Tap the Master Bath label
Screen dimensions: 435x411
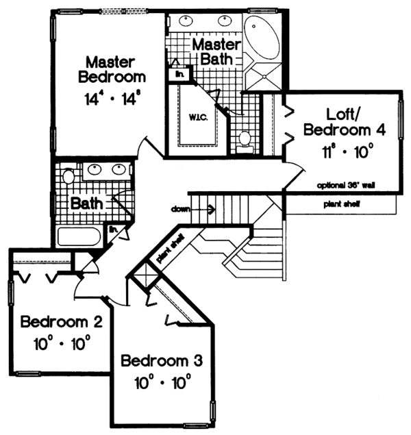[x=216, y=51]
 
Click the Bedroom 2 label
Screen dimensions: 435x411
[x=62, y=322]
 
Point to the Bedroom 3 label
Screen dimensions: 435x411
[x=162, y=360]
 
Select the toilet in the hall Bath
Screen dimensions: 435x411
[x=68, y=177]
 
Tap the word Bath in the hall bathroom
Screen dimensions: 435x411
[x=87, y=203]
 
